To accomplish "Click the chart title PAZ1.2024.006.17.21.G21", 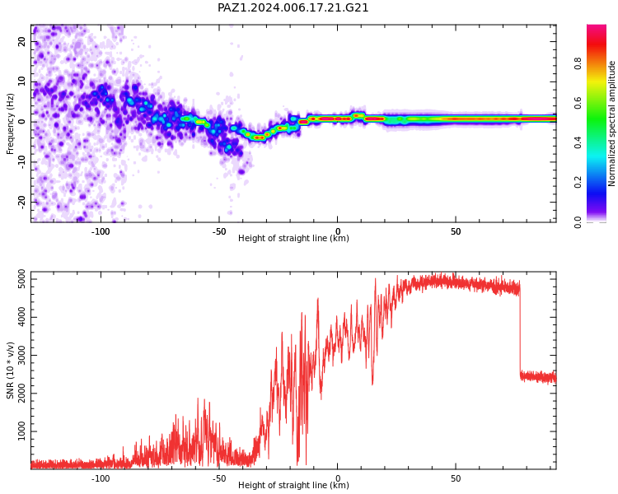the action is pyautogui.click(x=293, y=8).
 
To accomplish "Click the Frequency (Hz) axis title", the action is pyautogui.click(x=10, y=123).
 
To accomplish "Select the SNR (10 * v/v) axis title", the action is pyautogui.click(x=10, y=370).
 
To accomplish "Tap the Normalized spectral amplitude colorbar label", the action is pyautogui.click(x=611, y=123).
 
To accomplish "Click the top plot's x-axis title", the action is pyautogui.click(x=293, y=238).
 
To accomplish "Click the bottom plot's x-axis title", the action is pyautogui.click(x=293, y=485).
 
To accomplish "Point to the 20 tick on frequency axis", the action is pyautogui.click(x=22, y=41).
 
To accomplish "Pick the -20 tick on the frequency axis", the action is pyautogui.click(x=22, y=202).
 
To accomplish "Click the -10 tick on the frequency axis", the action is pyautogui.click(x=22, y=162).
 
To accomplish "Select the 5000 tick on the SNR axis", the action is pyautogui.click(x=22, y=279).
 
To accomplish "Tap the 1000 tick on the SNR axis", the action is pyautogui.click(x=22, y=431).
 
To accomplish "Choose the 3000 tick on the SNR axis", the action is pyautogui.click(x=22, y=356).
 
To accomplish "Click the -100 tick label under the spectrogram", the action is pyautogui.click(x=101, y=231).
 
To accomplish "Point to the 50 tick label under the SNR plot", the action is pyautogui.click(x=456, y=478).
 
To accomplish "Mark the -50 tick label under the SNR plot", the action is pyautogui.click(x=219, y=478).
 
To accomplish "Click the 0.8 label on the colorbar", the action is pyautogui.click(x=578, y=63).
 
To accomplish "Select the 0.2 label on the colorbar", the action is pyautogui.click(x=578, y=182).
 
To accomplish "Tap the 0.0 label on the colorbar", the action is pyautogui.click(x=578, y=222).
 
